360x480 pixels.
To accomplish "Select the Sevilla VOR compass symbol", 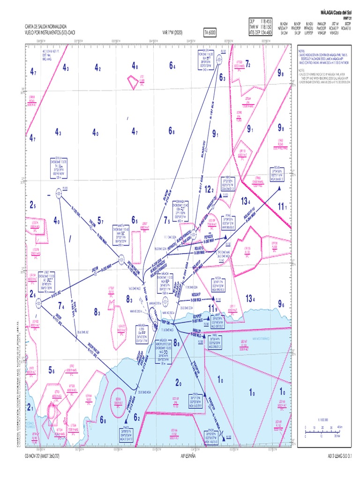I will click(x=59, y=192).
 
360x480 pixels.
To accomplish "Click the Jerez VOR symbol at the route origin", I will click(x=37, y=303).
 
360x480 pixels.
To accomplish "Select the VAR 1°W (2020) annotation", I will click(x=173, y=32).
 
